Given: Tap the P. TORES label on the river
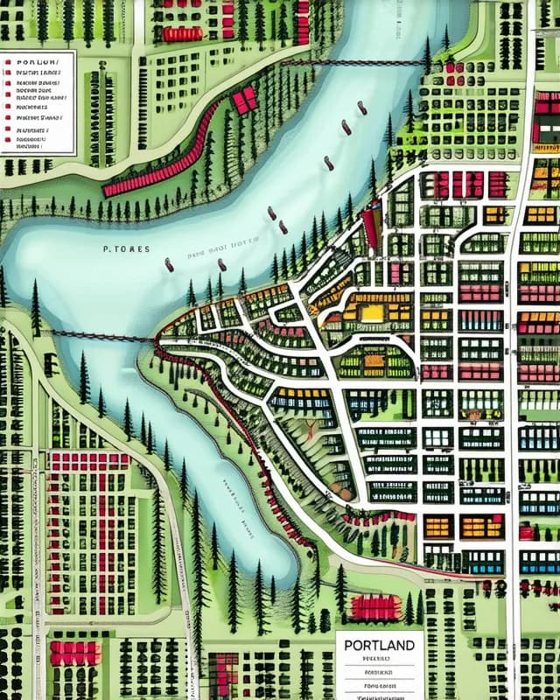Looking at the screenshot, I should tap(127, 249).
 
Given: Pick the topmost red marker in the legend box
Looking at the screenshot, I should tap(7, 64).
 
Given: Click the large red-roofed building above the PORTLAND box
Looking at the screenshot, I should tap(374, 606).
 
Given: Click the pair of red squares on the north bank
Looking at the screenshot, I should tap(244, 99).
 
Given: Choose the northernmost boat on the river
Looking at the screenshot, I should tap(361, 108).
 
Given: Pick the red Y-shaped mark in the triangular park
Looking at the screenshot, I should tap(310, 429).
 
